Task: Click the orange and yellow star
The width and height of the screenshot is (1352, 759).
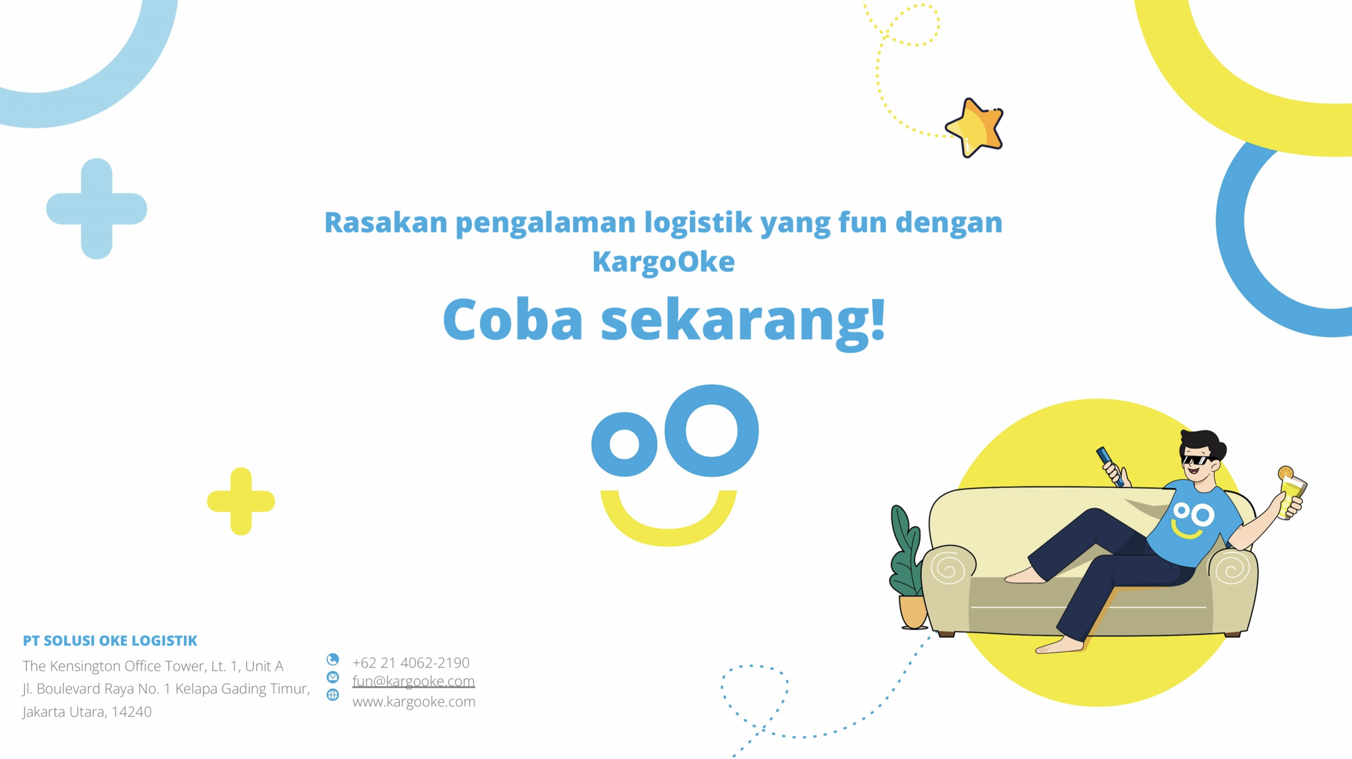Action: click(x=974, y=128)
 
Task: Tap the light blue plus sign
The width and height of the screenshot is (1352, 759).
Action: click(x=97, y=209)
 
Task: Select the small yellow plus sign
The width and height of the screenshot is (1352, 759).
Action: click(x=241, y=501)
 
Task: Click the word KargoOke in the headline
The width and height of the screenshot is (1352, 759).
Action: click(x=663, y=262)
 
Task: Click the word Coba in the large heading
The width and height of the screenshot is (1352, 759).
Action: click(x=513, y=320)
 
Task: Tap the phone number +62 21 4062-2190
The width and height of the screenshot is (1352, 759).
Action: click(x=411, y=663)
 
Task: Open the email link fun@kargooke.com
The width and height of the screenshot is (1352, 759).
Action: click(x=414, y=681)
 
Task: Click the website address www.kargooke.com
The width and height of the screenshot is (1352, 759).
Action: click(x=414, y=702)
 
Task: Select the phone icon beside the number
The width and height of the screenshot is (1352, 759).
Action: click(x=333, y=659)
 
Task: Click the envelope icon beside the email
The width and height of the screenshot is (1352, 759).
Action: click(x=333, y=677)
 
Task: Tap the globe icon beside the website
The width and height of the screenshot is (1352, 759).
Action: click(x=333, y=695)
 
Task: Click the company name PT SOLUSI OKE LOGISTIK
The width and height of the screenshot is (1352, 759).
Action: click(x=110, y=641)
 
